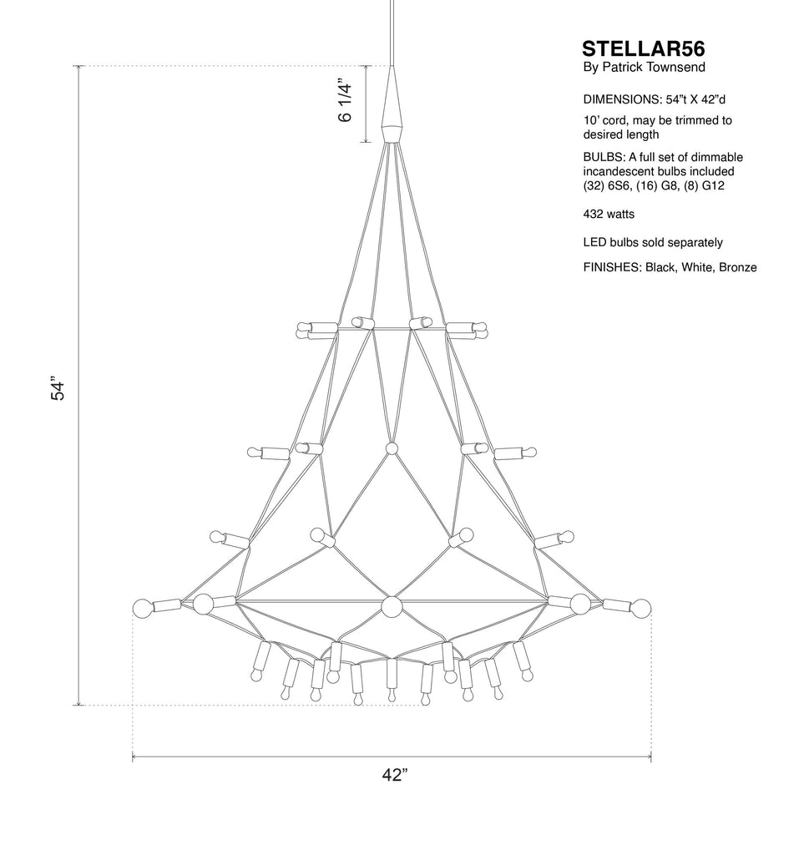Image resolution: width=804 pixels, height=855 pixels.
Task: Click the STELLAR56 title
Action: (643, 49)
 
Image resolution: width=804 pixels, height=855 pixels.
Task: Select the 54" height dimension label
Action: (58, 387)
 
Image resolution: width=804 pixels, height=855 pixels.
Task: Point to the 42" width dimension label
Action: (395, 774)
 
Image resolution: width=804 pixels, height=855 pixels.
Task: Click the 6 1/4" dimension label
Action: (346, 103)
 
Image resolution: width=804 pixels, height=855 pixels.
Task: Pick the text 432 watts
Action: (609, 215)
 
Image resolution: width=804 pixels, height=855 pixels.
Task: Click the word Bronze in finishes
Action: (737, 267)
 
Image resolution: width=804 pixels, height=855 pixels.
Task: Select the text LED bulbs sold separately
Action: (653, 243)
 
